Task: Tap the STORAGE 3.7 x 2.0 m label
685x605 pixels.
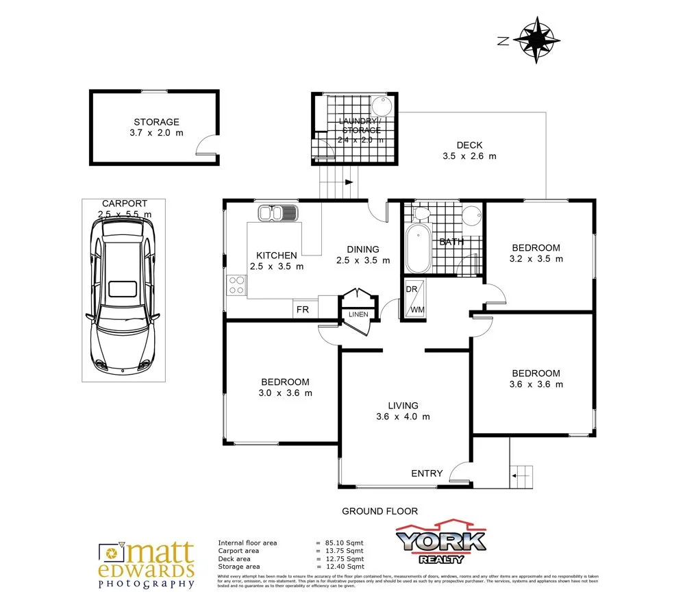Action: pos(156,127)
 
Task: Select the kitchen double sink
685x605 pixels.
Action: pos(278,213)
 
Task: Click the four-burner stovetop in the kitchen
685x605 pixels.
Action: pos(237,285)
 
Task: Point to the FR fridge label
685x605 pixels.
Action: pos(302,310)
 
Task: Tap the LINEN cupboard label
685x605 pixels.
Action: pos(358,315)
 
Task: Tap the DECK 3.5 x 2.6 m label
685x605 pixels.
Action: pos(469,150)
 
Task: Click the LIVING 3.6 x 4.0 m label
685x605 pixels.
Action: pos(402,411)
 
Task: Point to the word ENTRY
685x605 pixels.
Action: pos(426,473)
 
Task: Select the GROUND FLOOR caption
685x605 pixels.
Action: pos(379,511)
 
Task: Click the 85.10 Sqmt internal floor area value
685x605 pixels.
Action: pos(345,543)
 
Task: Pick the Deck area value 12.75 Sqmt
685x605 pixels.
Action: pos(345,558)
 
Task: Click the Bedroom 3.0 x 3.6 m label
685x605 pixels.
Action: pos(284,387)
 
